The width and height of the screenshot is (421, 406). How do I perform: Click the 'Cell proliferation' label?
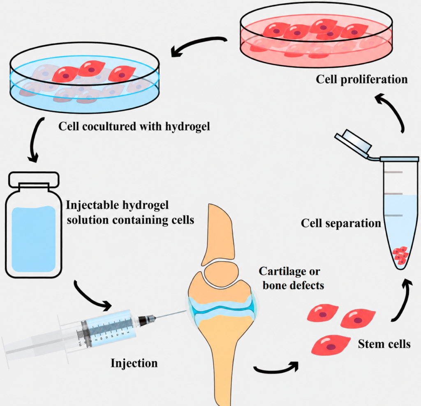(x=362, y=80)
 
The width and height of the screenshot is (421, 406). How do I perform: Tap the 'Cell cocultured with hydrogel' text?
(x=134, y=126)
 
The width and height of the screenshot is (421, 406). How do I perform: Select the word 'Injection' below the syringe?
(x=134, y=363)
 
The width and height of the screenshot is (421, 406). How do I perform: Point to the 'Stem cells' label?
(x=384, y=344)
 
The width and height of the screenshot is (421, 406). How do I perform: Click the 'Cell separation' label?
(x=341, y=223)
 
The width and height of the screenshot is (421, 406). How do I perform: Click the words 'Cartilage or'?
(x=289, y=271)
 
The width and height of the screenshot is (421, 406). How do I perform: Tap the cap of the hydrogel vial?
(x=34, y=180)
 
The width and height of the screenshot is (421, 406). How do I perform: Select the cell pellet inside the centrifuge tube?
(x=400, y=256)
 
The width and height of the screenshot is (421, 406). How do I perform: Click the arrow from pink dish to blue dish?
(x=197, y=44)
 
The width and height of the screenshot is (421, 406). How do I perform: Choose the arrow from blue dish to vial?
(x=35, y=140)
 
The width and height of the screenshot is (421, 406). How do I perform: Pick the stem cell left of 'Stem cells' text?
(x=331, y=345)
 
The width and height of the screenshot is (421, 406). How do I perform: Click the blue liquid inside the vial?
(x=34, y=239)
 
